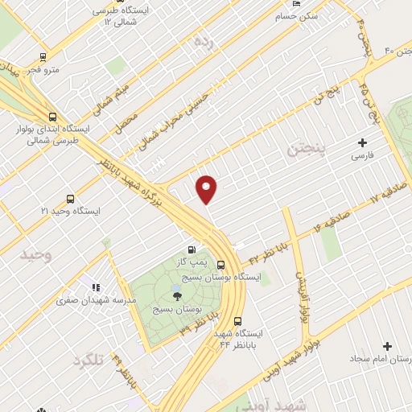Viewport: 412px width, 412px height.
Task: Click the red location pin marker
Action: (208, 188)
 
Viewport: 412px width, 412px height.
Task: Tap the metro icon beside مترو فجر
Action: (43, 57)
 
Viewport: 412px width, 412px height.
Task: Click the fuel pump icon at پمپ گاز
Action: (191, 249)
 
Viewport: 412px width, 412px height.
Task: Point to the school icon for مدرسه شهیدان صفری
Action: (96, 286)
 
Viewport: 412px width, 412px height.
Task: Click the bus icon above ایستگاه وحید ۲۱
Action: (70, 198)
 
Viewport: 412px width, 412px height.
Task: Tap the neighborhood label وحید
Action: (36, 255)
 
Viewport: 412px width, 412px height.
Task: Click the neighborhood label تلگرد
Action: (89, 360)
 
